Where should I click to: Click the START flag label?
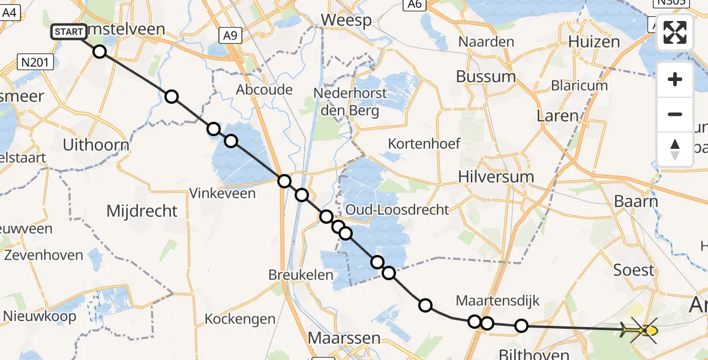coord(69,32)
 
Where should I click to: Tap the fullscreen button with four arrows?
coord(675,32)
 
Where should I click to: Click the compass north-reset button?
coord(675,149)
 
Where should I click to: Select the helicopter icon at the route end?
coord(642,329)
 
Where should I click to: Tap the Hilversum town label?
coord(496,177)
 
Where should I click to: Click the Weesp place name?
coord(346,20)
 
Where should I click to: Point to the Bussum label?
coord(485,77)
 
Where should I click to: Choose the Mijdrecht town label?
coord(142,211)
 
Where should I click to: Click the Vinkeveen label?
coord(222,193)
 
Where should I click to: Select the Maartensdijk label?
coord(490,300)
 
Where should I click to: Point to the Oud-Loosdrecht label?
coord(397,209)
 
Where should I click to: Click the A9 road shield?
coord(229,35)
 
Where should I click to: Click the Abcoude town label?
coord(264,90)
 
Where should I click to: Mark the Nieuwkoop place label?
coord(40,316)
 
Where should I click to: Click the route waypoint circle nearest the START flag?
coord(100,52)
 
